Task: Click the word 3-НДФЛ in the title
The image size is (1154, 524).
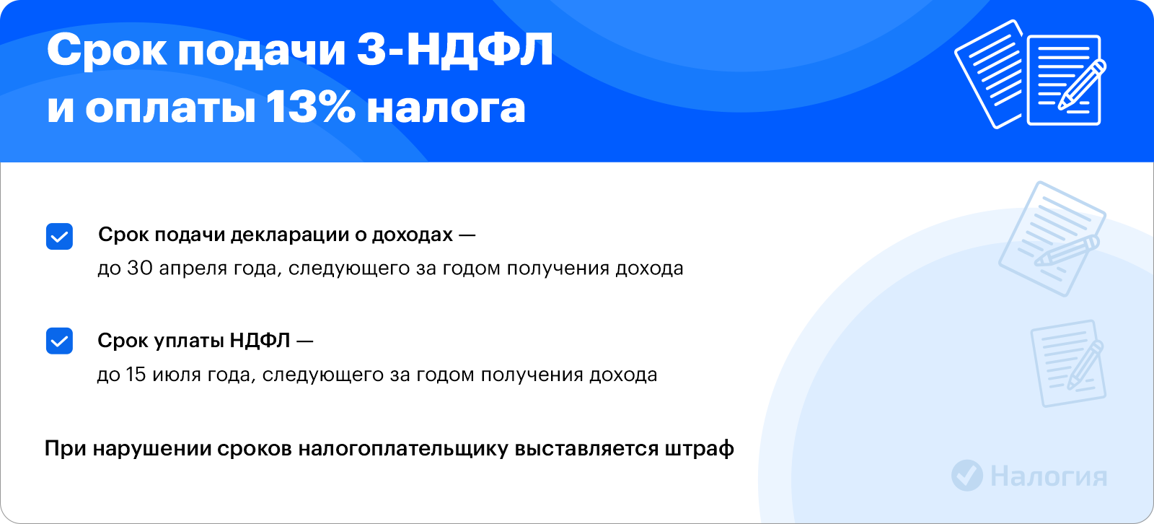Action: pos(455,51)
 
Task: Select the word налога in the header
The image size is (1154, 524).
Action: pos(446,109)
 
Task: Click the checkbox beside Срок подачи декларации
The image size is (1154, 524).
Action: pos(59,236)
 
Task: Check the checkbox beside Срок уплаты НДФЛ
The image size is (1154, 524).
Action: pos(59,341)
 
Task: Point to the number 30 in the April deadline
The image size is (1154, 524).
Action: pos(140,268)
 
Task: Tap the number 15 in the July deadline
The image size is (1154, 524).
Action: pos(136,374)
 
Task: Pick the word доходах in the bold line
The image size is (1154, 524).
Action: pos(412,235)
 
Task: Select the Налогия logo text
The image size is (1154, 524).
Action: pos(1049,476)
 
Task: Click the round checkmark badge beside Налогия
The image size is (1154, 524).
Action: pos(967,476)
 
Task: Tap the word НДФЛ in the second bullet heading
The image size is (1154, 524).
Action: pos(260,341)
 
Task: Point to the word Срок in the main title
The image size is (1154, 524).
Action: pos(107,51)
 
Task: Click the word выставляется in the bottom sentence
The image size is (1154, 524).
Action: pos(586,449)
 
